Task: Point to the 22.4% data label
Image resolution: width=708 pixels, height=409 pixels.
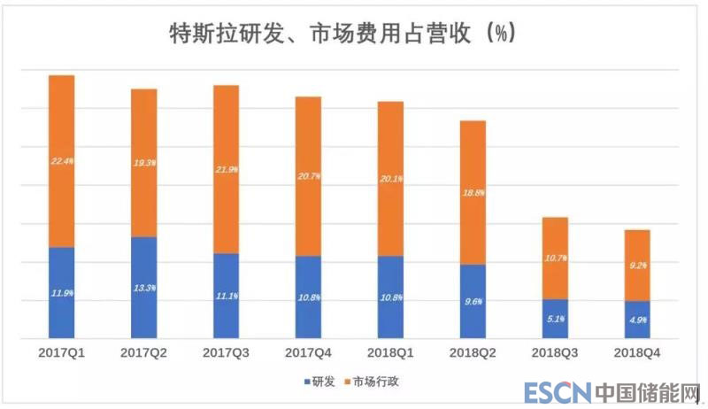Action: pos(62,162)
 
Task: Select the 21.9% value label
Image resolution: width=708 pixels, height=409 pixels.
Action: pos(227,169)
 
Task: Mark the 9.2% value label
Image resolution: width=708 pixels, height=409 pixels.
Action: pos(637,266)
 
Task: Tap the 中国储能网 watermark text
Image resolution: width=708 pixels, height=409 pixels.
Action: pos(646,392)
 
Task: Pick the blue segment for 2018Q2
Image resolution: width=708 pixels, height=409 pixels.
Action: pos(473,301)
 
